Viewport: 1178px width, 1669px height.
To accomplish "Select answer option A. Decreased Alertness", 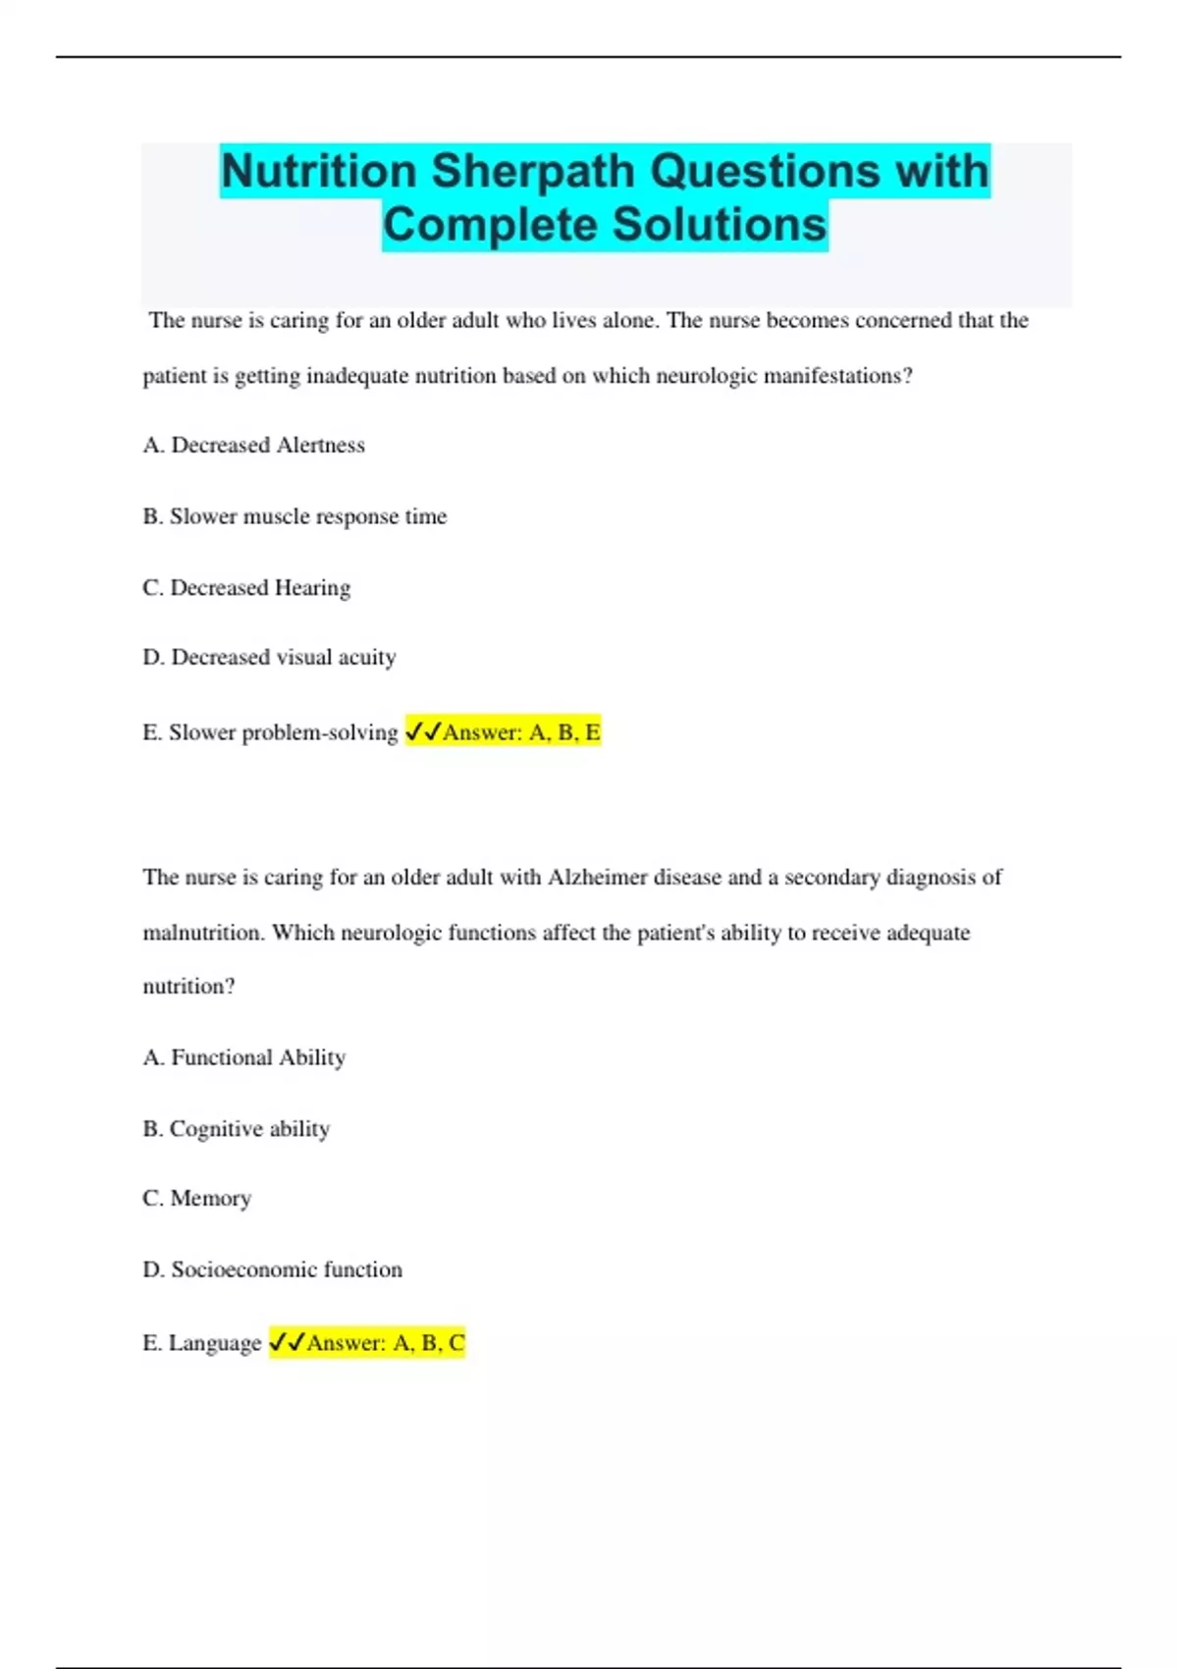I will point(253,446).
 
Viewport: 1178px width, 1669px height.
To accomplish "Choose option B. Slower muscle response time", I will point(294,516).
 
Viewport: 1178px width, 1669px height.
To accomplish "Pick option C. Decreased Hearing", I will point(246,588).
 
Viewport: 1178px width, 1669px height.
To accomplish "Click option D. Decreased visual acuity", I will point(269,658).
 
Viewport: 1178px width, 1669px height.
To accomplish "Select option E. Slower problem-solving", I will point(270,732).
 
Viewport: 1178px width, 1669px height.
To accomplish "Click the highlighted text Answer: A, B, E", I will point(521,732).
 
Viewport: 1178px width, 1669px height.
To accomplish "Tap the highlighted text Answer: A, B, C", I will point(386,1343).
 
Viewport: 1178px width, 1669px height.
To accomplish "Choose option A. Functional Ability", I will point(244,1057).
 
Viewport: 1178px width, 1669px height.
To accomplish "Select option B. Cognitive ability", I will point(236,1129).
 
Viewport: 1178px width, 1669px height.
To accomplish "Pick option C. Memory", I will point(197,1199).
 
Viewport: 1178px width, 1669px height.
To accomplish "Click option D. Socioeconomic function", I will point(272,1269).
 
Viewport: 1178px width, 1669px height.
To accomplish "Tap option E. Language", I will point(201,1343).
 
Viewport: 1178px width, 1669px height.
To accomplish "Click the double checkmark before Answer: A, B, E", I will point(423,732).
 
